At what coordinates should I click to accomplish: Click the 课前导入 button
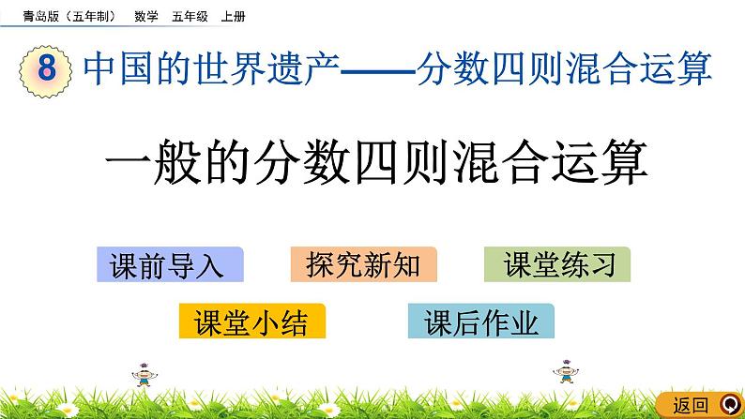pos(169,265)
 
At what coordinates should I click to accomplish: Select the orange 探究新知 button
pos(364,265)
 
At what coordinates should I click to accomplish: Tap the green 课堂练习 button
pos(557,265)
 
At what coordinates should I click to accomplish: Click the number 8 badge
pos(44,70)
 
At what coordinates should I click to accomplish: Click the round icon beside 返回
pos(727,404)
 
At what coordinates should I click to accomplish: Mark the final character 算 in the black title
pos(623,166)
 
